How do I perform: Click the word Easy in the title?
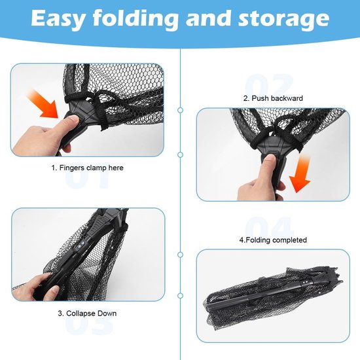58,18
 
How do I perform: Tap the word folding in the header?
135,19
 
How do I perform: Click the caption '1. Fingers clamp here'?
88,168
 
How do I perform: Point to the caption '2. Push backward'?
273,98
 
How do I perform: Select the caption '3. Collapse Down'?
87,314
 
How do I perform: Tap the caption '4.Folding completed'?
273,240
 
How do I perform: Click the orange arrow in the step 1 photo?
44,105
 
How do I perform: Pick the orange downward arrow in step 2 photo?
300,175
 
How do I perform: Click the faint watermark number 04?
269,226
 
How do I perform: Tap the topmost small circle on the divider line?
181,110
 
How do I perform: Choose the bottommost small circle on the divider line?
181,295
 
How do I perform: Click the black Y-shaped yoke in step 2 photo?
271,147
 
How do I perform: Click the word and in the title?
208,18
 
